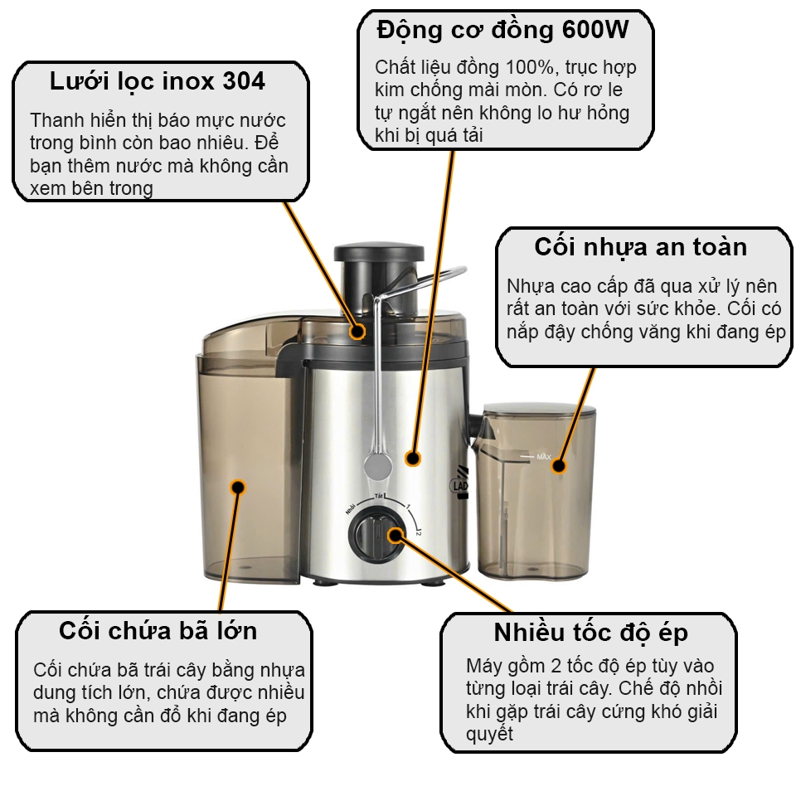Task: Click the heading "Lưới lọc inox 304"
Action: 158,82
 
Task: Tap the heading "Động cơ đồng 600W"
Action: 503,30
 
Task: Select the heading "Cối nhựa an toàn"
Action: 641,248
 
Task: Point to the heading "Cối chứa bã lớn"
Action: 158,631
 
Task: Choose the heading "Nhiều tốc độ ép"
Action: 591,633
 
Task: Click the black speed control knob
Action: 376,536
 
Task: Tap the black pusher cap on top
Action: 379,253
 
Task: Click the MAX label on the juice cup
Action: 543,457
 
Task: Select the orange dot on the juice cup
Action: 558,465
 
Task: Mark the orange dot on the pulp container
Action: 238,488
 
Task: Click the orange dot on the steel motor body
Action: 413,459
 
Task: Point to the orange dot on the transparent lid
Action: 357,332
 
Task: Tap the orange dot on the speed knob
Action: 396,535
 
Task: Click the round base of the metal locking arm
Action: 378,466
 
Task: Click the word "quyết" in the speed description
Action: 489,734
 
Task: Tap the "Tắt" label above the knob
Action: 379,496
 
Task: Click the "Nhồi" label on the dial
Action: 350,507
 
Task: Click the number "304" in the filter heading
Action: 244,81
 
